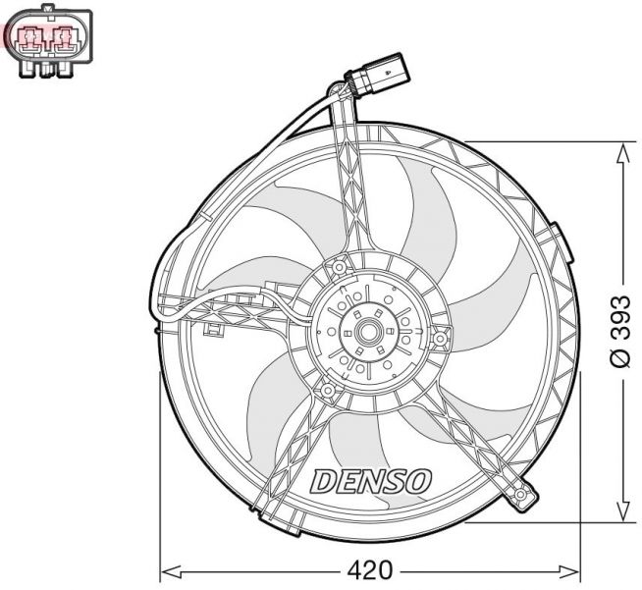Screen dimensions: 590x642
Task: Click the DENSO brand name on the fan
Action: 371,481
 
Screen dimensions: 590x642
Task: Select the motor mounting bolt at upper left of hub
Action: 340,267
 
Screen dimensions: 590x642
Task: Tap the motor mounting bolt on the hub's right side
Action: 442,341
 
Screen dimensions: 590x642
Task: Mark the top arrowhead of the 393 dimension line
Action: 620,150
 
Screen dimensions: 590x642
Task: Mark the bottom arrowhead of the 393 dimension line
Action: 620,511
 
